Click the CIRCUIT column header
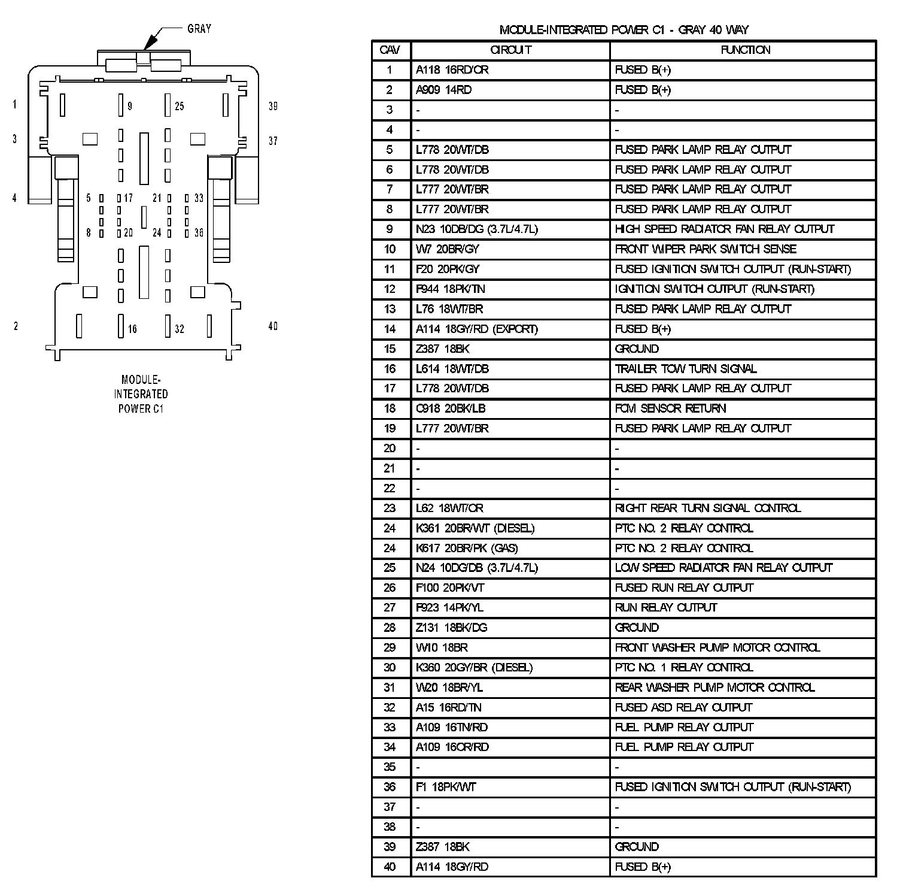tap(510, 50)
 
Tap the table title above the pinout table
tap(624, 30)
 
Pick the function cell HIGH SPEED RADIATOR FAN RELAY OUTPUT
tap(724, 229)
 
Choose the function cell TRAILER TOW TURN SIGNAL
tap(686, 369)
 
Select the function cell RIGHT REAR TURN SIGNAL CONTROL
tap(708, 508)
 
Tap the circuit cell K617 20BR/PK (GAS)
tap(467, 548)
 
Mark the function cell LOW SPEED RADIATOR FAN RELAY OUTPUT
tap(723, 568)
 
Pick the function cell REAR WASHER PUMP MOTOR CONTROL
tap(714, 688)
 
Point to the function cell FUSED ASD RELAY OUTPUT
tap(683, 707)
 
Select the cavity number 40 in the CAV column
tap(390, 867)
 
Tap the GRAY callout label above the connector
tap(199, 29)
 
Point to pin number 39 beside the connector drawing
tap(273, 107)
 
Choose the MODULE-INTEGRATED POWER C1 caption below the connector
tap(141, 394)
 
